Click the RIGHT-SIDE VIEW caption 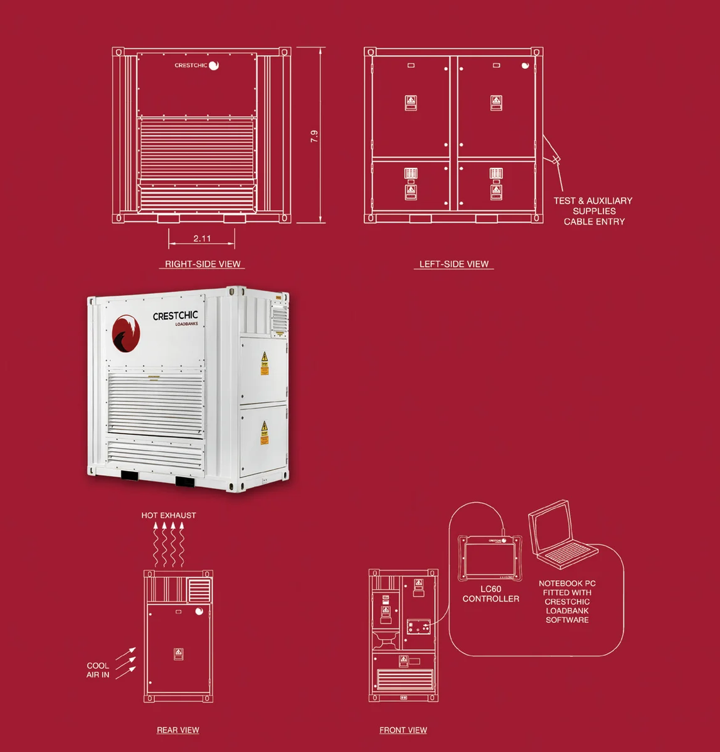pos(203,264)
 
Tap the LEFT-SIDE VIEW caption pos(453,264)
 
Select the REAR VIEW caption pos(178,730)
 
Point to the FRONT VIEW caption pos(403,730)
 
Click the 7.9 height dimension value pos(314,136)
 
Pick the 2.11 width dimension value pos(202,238)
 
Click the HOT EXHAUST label pos(169,515)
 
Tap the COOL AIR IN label pos(98,670)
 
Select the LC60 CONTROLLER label pos(490,593)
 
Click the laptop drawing pos(559,534)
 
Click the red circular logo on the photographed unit pos(125,333)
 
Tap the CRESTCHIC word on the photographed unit pos(175,316)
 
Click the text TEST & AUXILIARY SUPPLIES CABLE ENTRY pos(593,211)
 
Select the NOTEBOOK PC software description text pos(567,602)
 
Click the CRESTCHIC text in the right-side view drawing pos(191,65)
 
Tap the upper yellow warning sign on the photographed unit pos(265,363)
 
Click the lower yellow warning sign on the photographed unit pos(264,432)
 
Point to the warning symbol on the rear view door pos(178,654)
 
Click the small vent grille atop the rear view pos(199,590)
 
